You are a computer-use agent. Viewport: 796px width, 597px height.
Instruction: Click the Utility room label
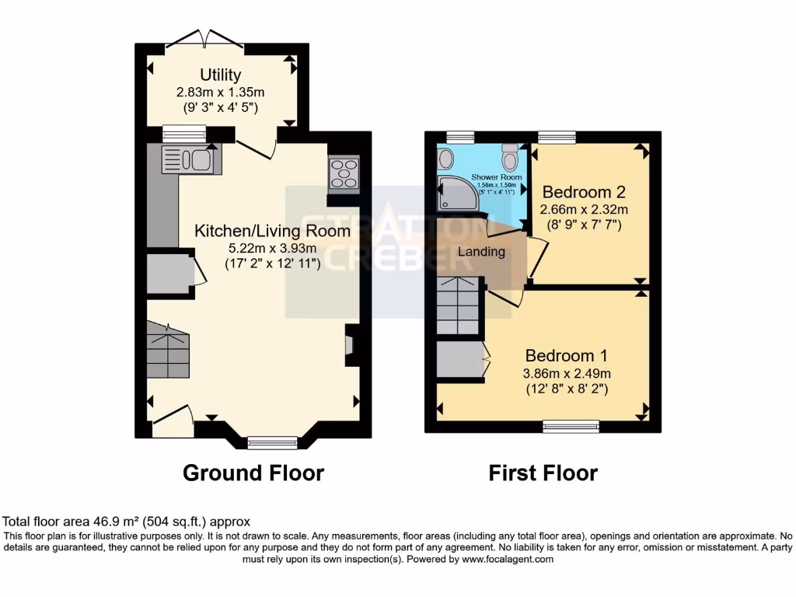[x=221, y=75]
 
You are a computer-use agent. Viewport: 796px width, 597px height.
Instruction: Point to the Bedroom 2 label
[x=584, y=191]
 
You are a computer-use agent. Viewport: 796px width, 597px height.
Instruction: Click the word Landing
[x=481, y=252]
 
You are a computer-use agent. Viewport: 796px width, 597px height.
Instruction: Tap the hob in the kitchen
[x=344, y=173]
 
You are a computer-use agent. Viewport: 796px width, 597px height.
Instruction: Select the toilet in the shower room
[x=510, y=159]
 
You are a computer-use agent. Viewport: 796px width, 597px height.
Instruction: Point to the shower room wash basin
[x=445, y=159]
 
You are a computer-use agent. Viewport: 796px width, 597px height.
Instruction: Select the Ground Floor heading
[x=253, y=473]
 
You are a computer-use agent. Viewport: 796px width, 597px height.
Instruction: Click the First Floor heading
[x=543, y=473]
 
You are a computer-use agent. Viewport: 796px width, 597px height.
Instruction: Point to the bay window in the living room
[x=273, y=442]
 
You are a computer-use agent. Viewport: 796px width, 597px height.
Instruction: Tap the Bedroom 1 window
[x=571, y=426]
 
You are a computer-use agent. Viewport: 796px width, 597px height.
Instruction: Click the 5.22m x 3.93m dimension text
[x=262, y=249]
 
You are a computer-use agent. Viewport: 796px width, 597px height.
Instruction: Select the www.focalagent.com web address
[x=508, y=559]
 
